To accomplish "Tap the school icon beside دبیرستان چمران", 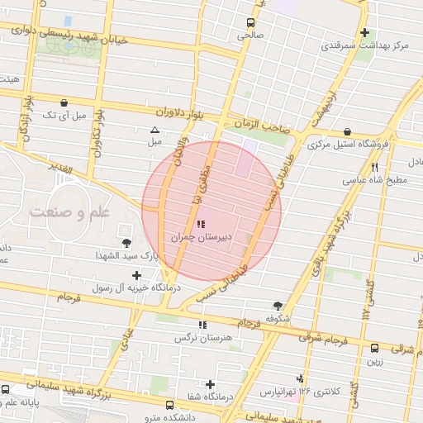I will [x=199, y=224].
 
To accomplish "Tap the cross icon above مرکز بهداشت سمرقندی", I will [x=364, y=33].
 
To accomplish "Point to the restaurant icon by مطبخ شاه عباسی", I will [x=375, y=167].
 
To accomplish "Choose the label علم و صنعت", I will [x=70, y=213].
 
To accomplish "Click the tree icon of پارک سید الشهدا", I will [x=126, y=243].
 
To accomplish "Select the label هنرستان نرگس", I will [x=199, y=337].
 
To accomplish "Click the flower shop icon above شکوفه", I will [x=278, y=305].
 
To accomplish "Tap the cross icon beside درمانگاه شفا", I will [x=211, y=384].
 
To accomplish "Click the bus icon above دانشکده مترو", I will [x=169, y=406].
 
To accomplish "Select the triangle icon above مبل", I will [x=154, y=130].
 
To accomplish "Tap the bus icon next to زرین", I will [x=376, y=349].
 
